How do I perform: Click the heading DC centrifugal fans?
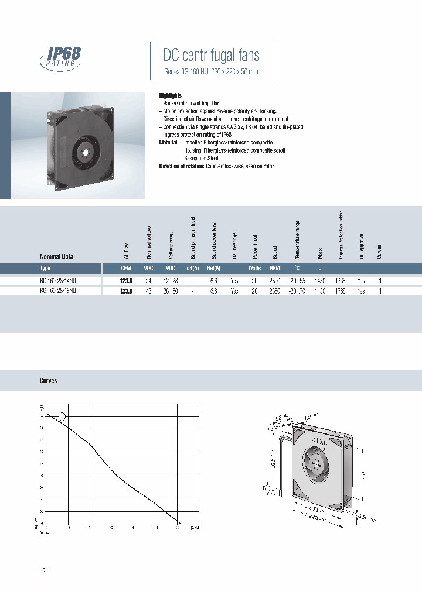[211, 56]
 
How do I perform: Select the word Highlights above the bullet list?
[171, 95]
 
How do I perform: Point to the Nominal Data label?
[56, 257]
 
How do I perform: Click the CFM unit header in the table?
[126, 269]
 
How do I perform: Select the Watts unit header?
[254, 269]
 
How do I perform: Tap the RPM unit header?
[275, 269]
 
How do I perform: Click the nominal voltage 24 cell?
[148, 281]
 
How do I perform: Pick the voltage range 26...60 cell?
[170, 290]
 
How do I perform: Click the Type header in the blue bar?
[45, 269]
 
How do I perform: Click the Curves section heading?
[48, 380]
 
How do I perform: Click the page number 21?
[45, 570]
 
